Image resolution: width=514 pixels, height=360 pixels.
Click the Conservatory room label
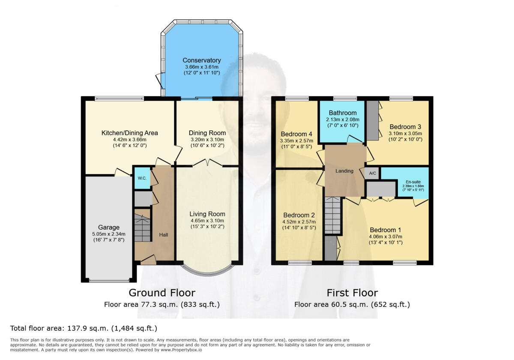(202, 60)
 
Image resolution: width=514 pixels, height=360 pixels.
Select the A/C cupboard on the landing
(373, 173)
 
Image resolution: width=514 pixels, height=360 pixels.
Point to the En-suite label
(413, 182)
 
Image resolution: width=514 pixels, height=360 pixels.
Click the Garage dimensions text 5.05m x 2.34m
(109, 234)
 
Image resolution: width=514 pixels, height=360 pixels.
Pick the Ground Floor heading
(162, 293)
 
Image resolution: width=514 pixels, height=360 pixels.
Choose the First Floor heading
(352, 293)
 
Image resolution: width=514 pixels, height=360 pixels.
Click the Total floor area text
(84, 328)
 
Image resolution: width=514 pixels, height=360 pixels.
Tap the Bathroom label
(340, 113)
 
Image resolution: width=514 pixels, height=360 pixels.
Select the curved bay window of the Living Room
(208, 270)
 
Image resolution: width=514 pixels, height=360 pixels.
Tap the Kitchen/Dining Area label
(129, 133)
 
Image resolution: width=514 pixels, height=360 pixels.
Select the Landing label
(344, 171)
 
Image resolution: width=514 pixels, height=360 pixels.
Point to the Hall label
(164, 235)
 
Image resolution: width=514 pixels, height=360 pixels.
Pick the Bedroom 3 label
(402, 127)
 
